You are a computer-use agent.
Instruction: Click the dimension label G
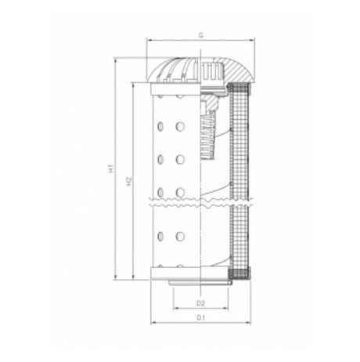pos(201,36)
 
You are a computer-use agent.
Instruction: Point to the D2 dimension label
pos(200,302)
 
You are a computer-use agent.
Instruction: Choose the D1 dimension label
pos(200,318)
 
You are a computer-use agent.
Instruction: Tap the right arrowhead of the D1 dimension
pos(251,324)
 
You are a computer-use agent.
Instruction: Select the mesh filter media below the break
pos(243,235)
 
